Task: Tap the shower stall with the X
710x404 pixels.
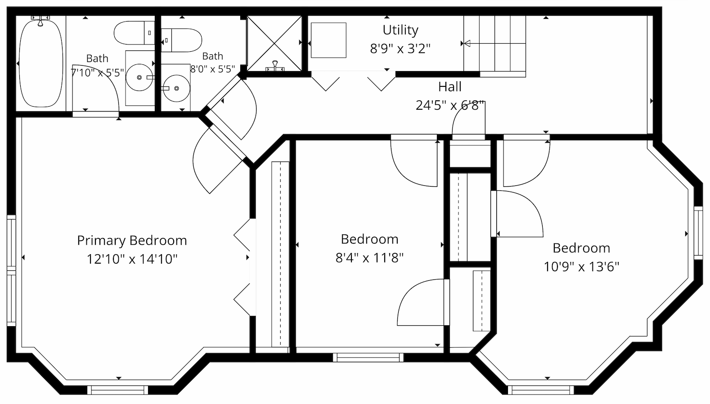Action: pos(274,43)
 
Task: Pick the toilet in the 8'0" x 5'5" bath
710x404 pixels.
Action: pos(181,40)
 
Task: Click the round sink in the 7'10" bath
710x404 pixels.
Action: pos(139,77)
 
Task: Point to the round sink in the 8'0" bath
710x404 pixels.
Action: pos(176,88)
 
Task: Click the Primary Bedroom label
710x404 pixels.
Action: pos(132,241)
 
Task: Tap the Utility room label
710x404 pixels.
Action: pos(400,30)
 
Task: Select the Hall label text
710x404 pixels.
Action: pos(450,86)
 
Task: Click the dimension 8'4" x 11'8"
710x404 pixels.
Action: pos(369,258)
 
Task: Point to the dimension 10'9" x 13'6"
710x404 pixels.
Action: pos(581,267)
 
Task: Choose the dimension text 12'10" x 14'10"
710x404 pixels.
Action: pos(132,259)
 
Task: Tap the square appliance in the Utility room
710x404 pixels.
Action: pos(328,40)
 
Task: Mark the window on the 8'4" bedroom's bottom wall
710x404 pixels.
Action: pos(368,357)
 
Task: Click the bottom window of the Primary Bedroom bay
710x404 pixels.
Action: pos(117,390)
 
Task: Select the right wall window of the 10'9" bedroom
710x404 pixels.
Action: pos(698,233)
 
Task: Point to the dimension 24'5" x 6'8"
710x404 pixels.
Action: pos(450,106)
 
